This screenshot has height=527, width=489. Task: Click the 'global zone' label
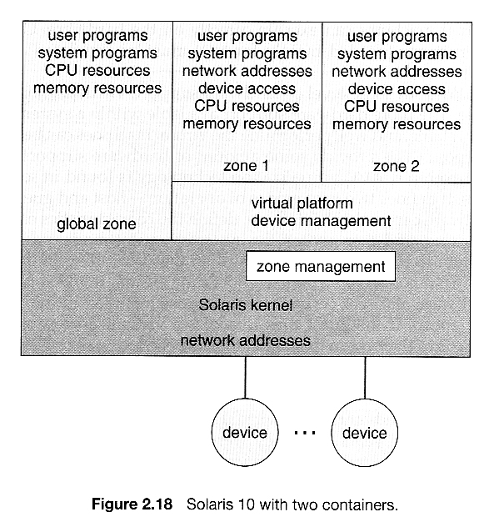click(x=97, y=224)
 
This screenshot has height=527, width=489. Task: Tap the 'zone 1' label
click(x=246, y=166)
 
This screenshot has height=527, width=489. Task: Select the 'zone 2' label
click(x=397, y=166)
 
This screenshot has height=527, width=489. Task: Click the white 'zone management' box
click(x=321, y=266)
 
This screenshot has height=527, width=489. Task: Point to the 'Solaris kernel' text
click(x=246, y=305)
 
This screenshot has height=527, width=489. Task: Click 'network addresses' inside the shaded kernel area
click(x=246, y=340)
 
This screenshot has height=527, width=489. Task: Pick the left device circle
click(x=245, y=432)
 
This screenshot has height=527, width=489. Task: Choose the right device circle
click(x=364, y=433)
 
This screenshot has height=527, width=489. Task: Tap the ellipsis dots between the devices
click(x=305, y=433)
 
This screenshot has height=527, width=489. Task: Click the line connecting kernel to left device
click(x=245, y=378)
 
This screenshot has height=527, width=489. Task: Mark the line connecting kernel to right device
click(x=365, y=378)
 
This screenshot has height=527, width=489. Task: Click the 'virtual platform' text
click(x=302, y=203)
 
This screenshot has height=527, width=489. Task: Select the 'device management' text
click(x=321, y=221)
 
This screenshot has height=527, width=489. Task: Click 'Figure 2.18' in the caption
click(x=132, y=504)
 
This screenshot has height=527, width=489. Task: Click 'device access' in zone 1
click(x=247, y=88)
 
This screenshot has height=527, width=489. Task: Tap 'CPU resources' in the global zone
click(x=97, y=71)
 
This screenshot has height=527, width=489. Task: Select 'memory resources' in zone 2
click(x=397, y=124)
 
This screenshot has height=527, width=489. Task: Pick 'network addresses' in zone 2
click(x=397, y=72)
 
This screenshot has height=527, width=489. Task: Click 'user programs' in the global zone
click(x=97, y=36)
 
